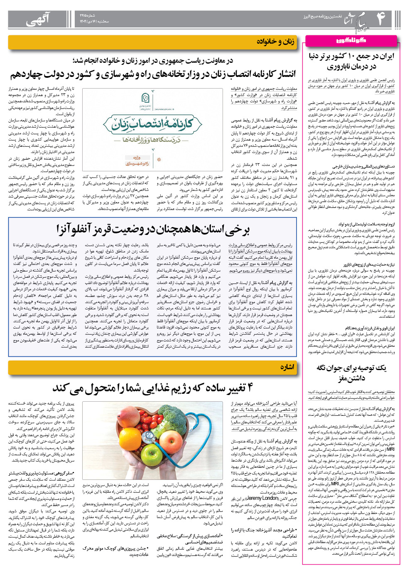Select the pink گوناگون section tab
tap(351, 40)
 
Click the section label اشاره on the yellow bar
tap(287, 367)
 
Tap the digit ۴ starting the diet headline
tap(249, 388)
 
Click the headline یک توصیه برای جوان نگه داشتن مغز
tap(351, 373)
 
